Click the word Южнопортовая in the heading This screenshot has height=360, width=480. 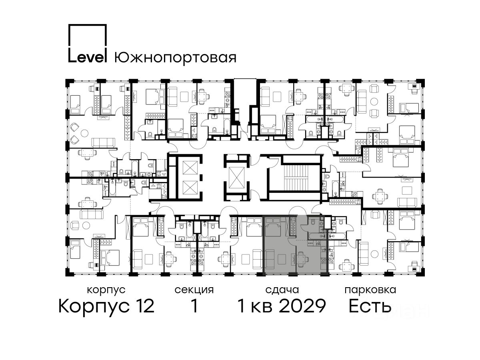[x=175, y=58]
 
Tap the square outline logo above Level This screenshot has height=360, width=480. [x=88, y=36]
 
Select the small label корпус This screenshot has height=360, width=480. [x=106, y=290]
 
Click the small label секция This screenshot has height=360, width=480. [x=194, y=290]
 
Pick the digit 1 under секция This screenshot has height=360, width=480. [x=194, y=306]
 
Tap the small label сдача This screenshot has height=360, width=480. [x=282, y=290]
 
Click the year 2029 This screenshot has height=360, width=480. [x=302, y=306]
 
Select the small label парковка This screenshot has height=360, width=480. [x=370, y=290]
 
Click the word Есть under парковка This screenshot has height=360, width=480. [x=370, y=306]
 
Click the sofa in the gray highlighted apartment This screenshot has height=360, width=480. [x=270, y=260]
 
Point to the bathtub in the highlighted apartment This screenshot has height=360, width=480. [x=317, y=236]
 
